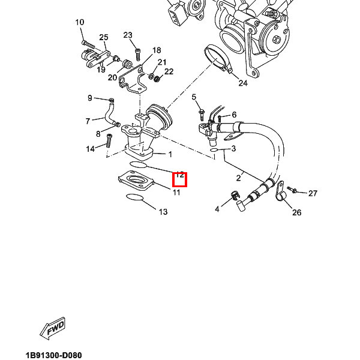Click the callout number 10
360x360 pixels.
80,23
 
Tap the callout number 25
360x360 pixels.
103,38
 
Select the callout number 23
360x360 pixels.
128,35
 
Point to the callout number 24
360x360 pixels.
242,83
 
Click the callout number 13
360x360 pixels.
163,212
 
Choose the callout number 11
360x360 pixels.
176,192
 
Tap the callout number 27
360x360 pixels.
313,193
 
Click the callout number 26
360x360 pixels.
296,212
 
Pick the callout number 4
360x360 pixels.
217,209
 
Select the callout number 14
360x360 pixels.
91,149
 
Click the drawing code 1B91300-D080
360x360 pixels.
62,355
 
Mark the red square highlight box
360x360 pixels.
180,179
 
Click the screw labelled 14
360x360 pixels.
109,141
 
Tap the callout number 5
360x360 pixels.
194,97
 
